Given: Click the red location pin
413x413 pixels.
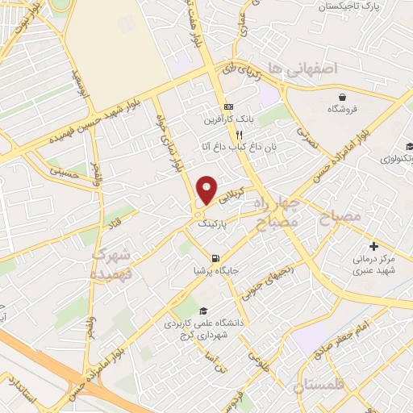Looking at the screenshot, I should click(x=207, y=190).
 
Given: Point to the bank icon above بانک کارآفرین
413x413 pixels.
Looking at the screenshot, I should click(x=228, y=106).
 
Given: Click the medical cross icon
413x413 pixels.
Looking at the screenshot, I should click(x=373, y=245).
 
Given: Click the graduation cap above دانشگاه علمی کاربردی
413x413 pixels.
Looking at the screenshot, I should click(x=203, y=311).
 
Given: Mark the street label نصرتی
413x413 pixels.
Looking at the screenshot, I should click(x=307, y=136).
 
